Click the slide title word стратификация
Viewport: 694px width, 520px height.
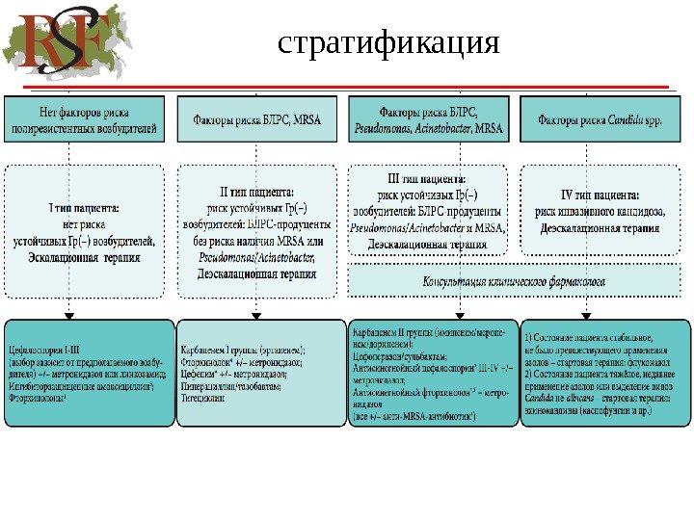(387, 43)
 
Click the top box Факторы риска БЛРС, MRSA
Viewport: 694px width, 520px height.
(255, 120)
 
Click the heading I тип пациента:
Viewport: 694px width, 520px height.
(84, 207)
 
